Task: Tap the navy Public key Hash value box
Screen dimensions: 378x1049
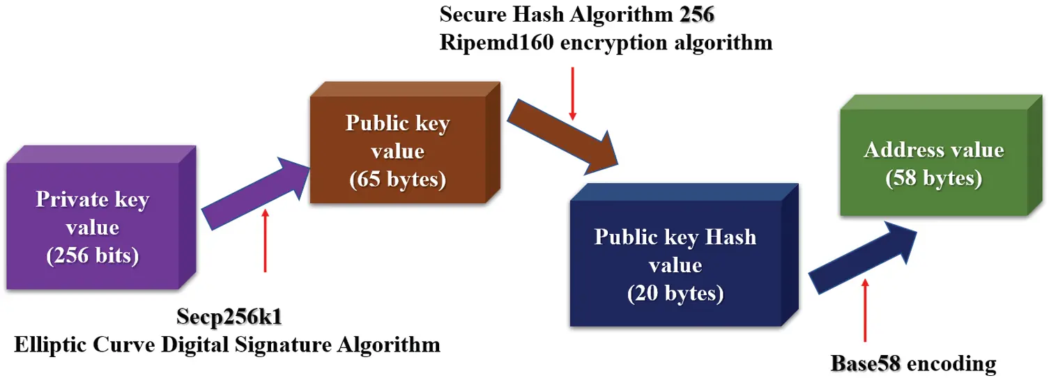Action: (x=675, y=265)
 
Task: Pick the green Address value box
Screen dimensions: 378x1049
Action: (x=933, y=164)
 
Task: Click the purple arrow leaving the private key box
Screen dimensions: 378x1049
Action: (x=254, y=191)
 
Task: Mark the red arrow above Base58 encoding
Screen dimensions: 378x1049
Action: (x=866, y=313)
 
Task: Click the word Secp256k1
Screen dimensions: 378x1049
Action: (x=231, y=319)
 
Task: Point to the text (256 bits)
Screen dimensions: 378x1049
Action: (x=93, y=255)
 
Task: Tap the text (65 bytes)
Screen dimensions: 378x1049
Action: (x=397, y=179)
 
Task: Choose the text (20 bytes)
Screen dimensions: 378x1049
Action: (x=675, y=293)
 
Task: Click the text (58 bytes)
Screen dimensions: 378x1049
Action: (x=933, y=178)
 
